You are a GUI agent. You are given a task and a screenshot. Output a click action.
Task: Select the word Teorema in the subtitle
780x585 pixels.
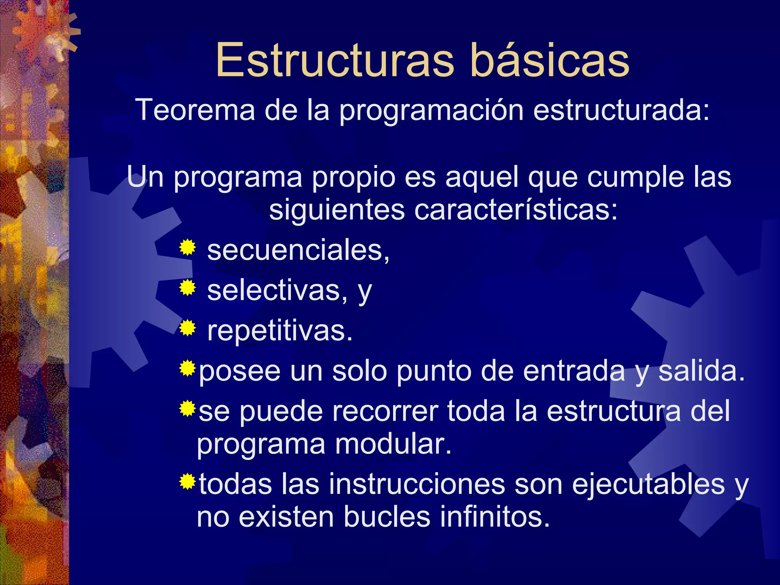pos(195,110)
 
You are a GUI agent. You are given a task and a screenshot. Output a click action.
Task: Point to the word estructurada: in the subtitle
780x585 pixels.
pos(621,110)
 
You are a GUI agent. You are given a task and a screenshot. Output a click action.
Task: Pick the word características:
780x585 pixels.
pos(516,210)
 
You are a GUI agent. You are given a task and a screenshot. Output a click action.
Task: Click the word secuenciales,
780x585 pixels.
pos(298,251)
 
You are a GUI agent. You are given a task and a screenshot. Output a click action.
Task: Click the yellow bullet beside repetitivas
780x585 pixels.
pos(187,328)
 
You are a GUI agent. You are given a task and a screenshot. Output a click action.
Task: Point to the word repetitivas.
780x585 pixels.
pos(280,331)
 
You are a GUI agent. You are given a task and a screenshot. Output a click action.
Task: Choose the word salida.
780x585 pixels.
pos(701,371)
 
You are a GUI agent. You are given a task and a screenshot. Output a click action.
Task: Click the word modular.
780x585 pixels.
pos(393,444)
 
